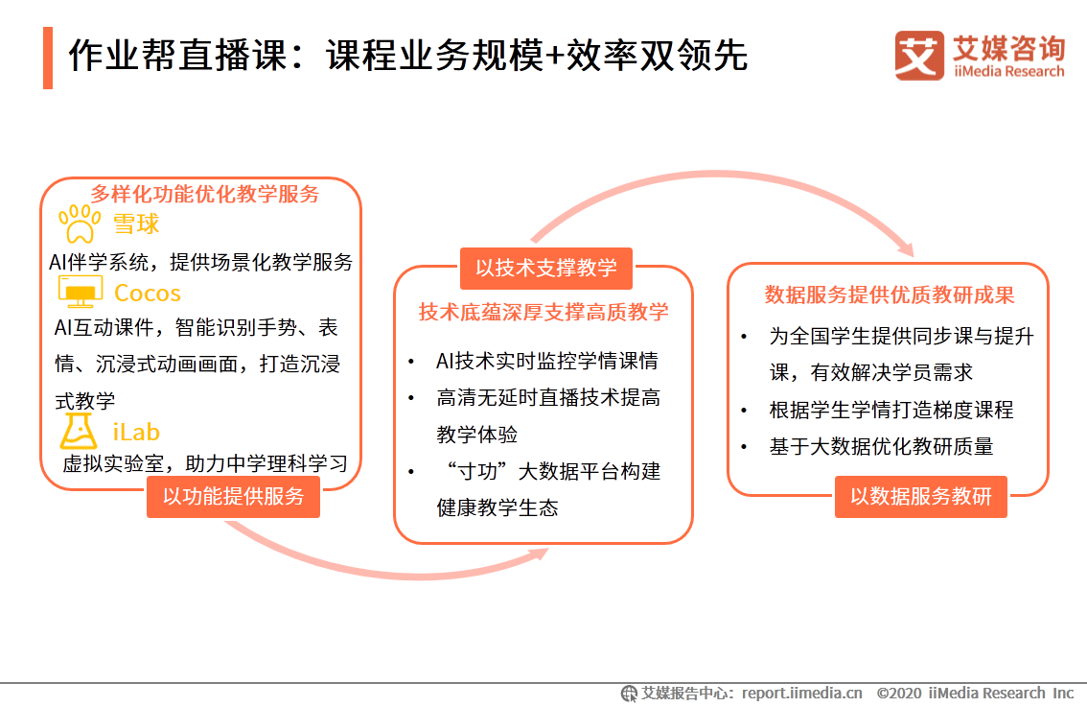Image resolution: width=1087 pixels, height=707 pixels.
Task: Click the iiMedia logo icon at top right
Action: [x=919, y=56]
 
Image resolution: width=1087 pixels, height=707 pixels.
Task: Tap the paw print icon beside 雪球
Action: [x=81, y=224]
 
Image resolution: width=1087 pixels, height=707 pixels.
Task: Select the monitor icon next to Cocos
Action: [x=81, y=292]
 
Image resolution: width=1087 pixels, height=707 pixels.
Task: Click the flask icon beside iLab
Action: [x=80, y=432]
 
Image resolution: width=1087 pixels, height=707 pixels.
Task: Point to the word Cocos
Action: [x=148, y=293]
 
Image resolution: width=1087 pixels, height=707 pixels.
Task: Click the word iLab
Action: [x=136, y=433]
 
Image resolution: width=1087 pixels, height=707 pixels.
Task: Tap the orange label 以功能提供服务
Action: [x=233, y=496]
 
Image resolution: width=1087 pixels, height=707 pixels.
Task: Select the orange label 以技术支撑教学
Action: [x=546, y=268]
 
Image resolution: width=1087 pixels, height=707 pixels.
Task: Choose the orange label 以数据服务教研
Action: [x=920, y=496]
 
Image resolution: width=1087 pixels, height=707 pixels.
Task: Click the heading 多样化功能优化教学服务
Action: [x=205, y=194]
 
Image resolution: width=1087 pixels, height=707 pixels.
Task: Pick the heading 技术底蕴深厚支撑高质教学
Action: [x=543, y=312]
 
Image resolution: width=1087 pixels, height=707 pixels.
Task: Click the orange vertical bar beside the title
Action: [x=48, y=58]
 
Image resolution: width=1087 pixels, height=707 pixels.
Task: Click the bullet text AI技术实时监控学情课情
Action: [x=547, y=362]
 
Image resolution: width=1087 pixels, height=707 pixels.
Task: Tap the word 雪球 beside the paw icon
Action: [x=136, y=224]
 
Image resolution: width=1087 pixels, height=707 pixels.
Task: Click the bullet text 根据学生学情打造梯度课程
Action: [x=890, y=410]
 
